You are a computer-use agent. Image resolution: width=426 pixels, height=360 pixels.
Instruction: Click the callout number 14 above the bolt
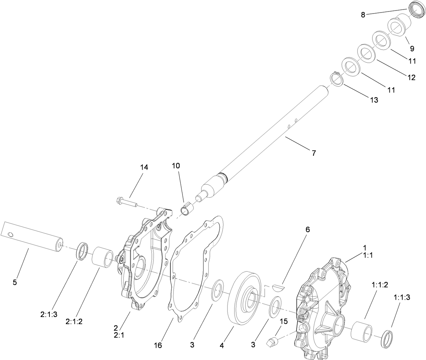[x=144, y=167]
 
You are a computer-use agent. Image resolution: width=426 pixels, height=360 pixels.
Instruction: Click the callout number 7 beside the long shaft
[x=314, y=153]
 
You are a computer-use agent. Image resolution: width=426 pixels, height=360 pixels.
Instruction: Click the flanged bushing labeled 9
[x=400, y=25]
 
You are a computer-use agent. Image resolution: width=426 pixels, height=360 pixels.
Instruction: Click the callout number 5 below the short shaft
[x=15, y=282]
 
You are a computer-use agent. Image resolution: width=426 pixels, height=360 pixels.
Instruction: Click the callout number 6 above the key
[x=307, y=230]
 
